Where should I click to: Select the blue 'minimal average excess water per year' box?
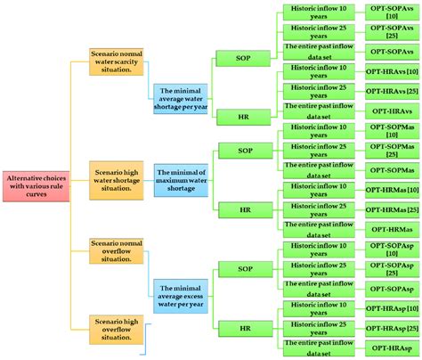[182, 294]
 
